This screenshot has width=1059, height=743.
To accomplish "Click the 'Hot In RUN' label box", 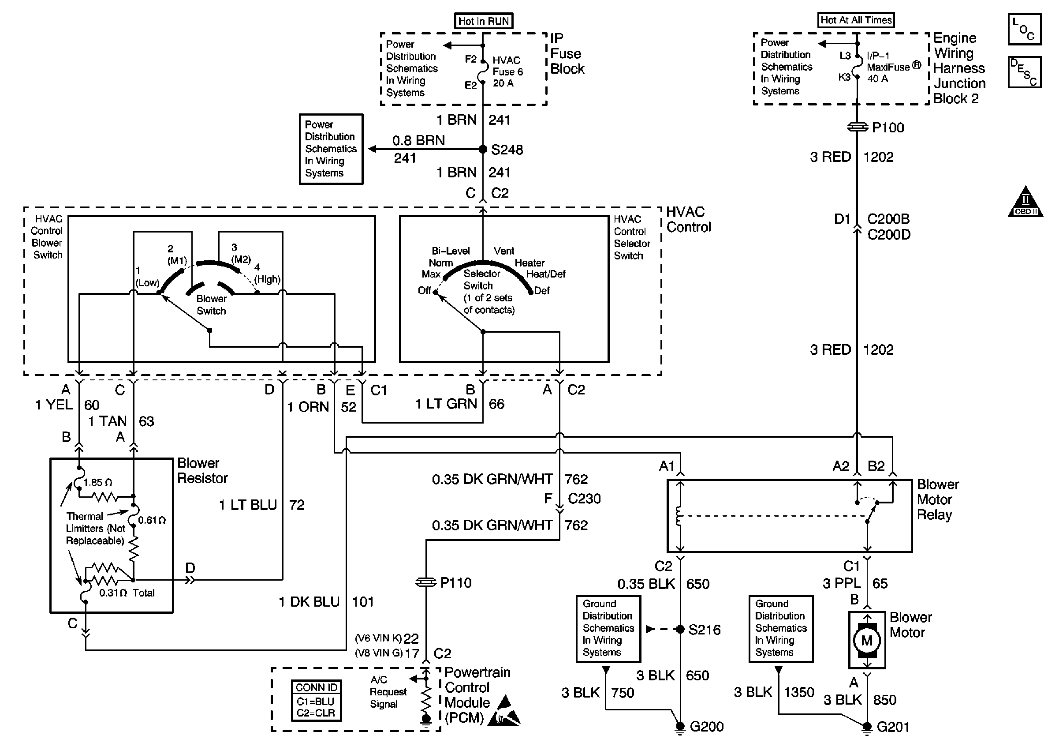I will [x=483, y=21].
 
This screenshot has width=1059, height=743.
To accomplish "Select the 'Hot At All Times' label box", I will [x=856, y=20].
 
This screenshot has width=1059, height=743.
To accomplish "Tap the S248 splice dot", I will [x=483, y=149].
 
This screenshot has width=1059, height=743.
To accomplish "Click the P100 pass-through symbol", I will [x=857, y=127].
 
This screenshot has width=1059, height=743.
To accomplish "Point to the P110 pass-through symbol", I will [x=426, y=582].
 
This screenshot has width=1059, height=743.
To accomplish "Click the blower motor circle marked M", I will [x=867, y=640].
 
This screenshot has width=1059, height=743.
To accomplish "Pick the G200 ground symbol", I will [x=680, y=727].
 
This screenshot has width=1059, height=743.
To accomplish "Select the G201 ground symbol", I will [x=867, y=727].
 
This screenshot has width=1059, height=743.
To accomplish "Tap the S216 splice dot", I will [x=680, y=629].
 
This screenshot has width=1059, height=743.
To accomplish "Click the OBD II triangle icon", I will [x=1025, y=202].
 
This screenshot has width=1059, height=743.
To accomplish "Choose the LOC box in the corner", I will [x=1025, y=30].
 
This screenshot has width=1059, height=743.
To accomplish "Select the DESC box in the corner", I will [x=1025, y=72].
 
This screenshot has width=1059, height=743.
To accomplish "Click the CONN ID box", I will [x=317, y=700].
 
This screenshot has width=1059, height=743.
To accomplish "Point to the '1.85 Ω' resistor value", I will [x=97, y=483].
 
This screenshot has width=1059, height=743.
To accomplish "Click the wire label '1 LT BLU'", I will [x=248, y=505].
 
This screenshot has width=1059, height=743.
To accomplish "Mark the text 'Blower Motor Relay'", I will [x=937, y=499].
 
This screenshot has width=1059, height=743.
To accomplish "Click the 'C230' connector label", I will [x=584, y=499].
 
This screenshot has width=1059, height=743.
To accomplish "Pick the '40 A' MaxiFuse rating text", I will [x=877, y=79].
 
